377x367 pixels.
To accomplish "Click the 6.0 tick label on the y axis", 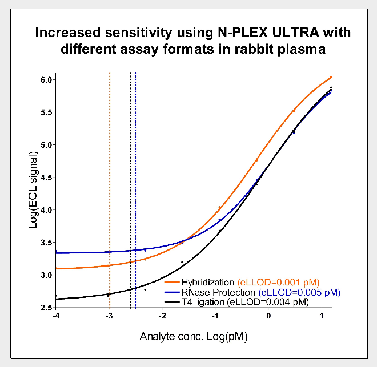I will [x=46, y=79].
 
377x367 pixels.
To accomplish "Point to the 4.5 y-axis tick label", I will [x=46, y=177].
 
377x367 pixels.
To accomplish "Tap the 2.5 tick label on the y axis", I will [x=46, y=308].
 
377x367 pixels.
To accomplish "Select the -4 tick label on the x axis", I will [x=55, y=316].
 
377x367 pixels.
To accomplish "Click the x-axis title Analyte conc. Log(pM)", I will [x=194, y=337].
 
